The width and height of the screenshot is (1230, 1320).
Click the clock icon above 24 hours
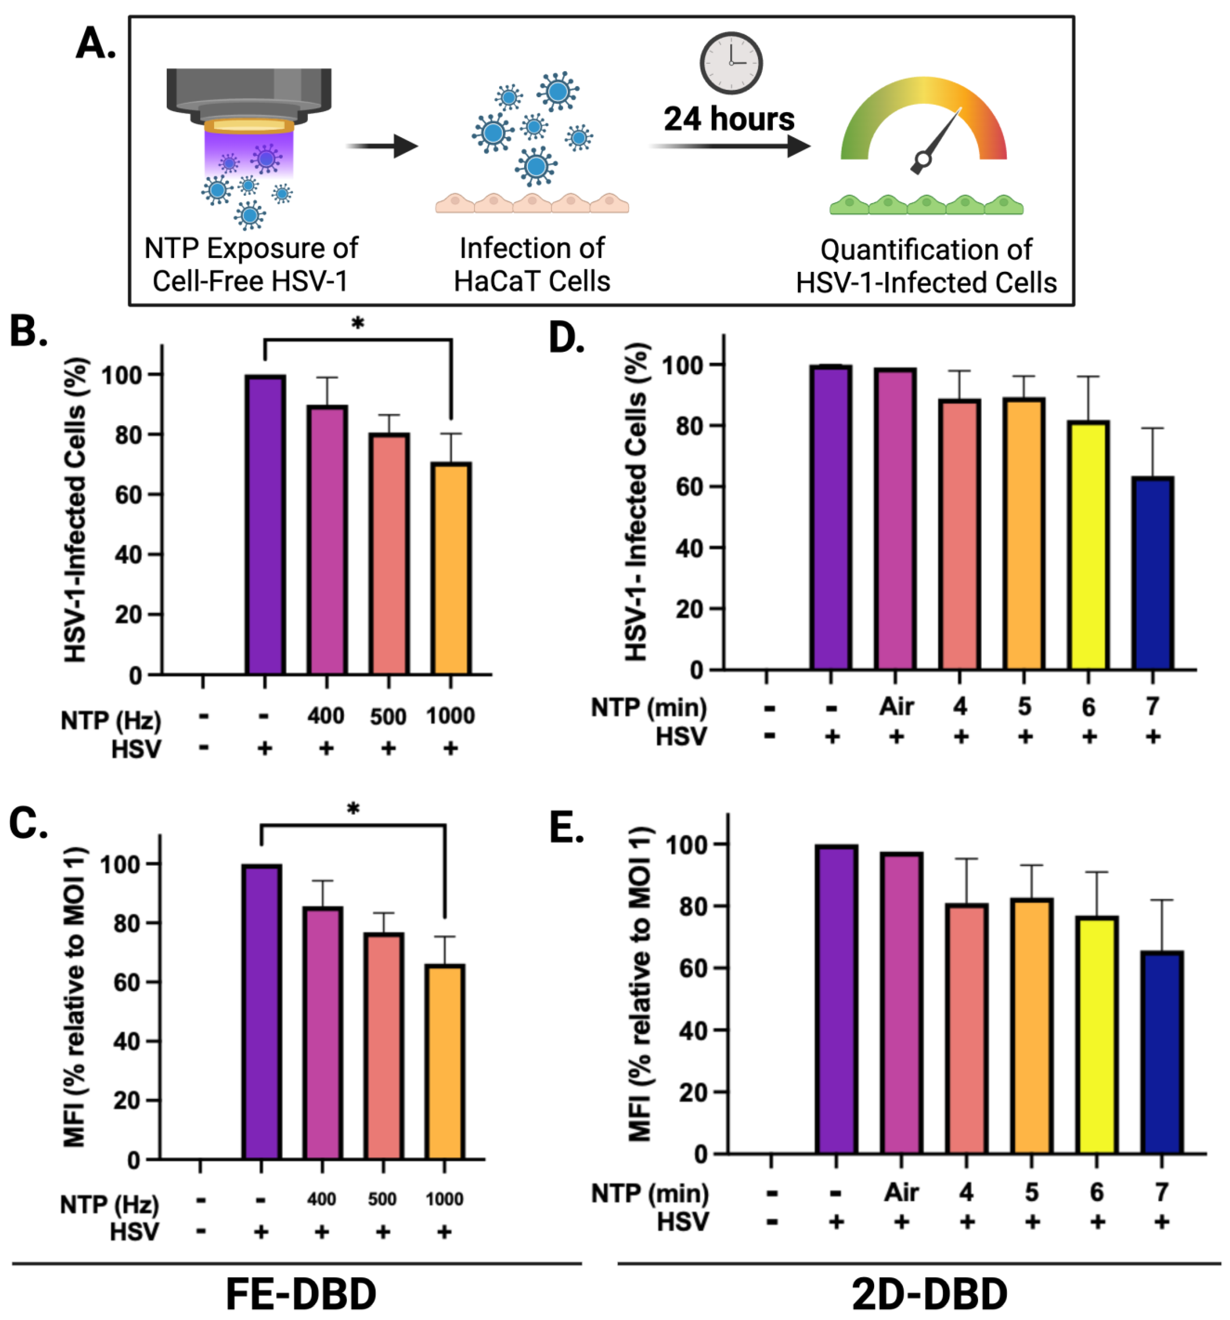point(731,63)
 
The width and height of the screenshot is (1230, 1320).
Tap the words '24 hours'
point(729,119)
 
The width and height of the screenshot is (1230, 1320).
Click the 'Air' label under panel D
point(896,706)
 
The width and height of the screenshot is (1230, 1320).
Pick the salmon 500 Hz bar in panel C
point(383,1046)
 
